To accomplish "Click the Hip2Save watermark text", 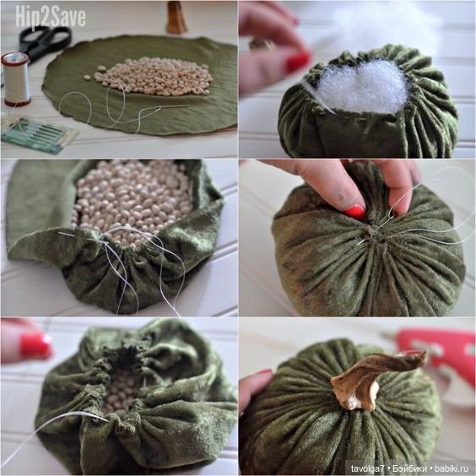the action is click(51, 17).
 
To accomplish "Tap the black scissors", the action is click(44, 42).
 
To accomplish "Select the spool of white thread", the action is click(16, 79).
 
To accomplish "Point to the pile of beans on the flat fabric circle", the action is click(152, 76).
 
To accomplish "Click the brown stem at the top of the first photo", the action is click(176, 17).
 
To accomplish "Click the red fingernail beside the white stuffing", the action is click(299, 62).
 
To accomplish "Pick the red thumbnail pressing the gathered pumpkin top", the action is click(354, 211).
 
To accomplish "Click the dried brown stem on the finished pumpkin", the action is click(372, 380).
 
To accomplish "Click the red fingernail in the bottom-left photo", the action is click(35, 345).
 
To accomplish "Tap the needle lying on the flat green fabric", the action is click(172, 106).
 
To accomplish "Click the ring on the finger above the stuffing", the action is click(261, 45).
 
